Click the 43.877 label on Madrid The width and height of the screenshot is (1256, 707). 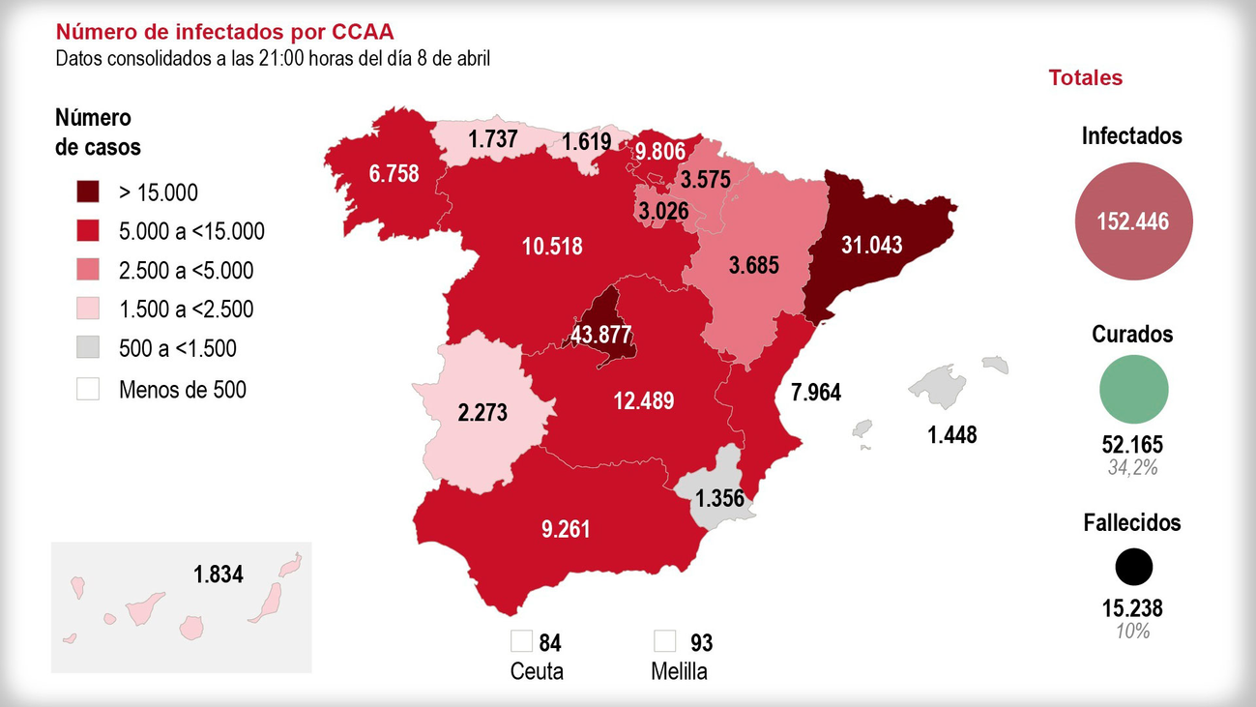tap(600, 336)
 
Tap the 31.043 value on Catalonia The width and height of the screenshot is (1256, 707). tap(871, 245)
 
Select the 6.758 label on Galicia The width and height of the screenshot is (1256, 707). tap(394, 173)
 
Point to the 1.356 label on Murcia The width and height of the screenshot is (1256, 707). tap(720, 499)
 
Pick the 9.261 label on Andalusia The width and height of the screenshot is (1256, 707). tap(566, 530)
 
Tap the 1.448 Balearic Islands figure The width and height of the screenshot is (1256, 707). tap(951, 435)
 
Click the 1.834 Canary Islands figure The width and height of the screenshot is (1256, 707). tap(218, 574)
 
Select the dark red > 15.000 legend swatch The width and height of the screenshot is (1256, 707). tap(88, 191)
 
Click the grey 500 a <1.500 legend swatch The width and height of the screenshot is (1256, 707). tap(88, 348)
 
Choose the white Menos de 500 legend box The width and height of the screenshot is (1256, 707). tap(88, 389)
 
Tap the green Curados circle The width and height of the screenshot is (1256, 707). tap(1133, 389)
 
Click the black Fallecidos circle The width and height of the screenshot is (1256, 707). tap(1133, 568)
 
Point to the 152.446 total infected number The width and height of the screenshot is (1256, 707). tap(1132, 222)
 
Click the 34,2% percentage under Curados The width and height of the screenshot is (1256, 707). tap(1132, 468)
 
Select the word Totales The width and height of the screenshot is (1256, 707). tap(1085, 78)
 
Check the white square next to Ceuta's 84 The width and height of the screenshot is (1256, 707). tap(522, 640)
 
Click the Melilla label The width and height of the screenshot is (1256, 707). tap(679, 671)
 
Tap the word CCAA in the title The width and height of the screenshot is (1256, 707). tap(363, 33)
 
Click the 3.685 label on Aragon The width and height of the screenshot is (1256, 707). tap(753, 264)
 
